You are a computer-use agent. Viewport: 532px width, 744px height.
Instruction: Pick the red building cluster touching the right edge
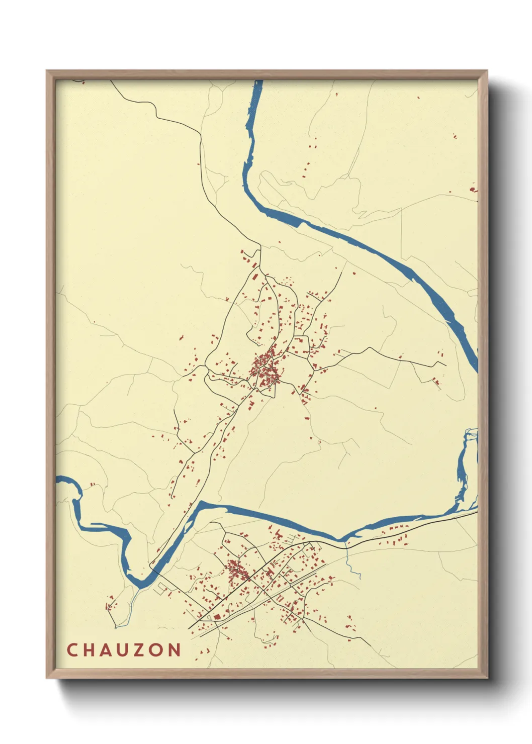[x=473, y=190]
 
